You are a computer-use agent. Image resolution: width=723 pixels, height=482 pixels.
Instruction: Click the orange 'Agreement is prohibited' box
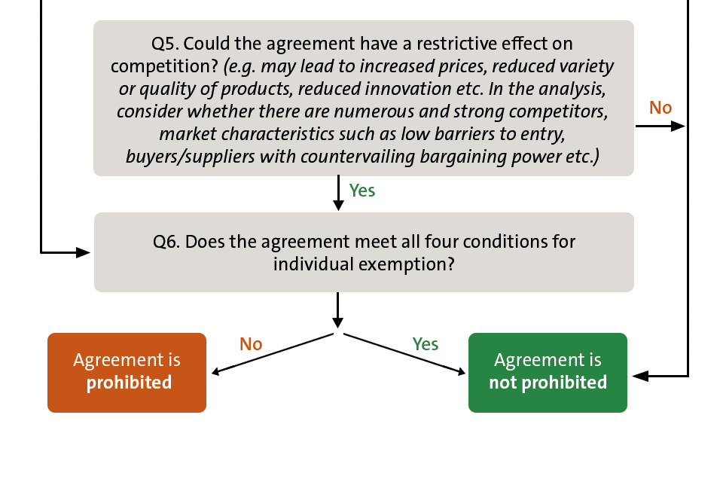tap(127, 372)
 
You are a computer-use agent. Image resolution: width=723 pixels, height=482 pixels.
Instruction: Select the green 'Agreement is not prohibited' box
tap(548, 372)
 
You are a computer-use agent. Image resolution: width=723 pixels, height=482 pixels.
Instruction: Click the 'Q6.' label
tap(166, 243)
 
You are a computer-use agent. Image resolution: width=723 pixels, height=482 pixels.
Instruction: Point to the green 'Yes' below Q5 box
tap(362, 191)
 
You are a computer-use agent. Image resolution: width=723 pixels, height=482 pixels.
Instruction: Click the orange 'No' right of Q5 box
tap(660, 108)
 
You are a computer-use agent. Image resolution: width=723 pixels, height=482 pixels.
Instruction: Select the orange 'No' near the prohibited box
tap(251, 344)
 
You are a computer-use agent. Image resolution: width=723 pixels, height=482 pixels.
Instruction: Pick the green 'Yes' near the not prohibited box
tap(426, 344)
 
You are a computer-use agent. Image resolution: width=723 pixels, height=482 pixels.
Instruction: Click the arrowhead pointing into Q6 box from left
tap(84, 252)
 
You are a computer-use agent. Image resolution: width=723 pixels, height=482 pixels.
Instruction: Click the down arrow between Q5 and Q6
tap(338, 203)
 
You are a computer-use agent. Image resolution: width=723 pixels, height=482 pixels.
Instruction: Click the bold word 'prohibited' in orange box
tap(129, 383)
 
